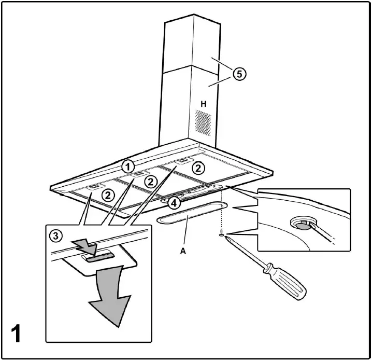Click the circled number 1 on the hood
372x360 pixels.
[127, 167]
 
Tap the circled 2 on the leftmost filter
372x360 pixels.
[108, 195]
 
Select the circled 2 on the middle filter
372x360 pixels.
[150, 181]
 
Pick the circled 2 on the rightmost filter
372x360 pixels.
[197, 168]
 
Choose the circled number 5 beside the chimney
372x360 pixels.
[238, 74]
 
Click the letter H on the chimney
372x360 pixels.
[204, 104]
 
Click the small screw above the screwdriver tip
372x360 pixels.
[222, 234]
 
